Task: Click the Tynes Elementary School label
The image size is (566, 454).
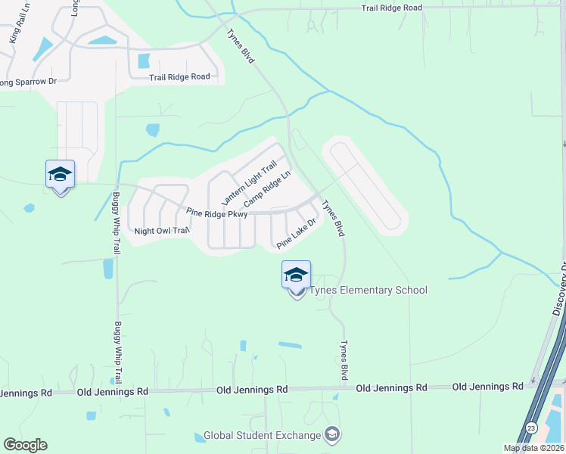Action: coord(369,291)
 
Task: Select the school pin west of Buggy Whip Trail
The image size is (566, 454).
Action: coord(60,176)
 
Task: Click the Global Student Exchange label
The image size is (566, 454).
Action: coord(262,437)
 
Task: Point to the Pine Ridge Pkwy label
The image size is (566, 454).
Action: coord(217,213)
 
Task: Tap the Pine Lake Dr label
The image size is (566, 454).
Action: coord(296,233)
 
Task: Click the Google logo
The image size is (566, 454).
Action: coord(25,445)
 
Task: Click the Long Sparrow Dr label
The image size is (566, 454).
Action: coord(29,81)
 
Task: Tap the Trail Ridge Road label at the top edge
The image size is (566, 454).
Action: coord(391,8)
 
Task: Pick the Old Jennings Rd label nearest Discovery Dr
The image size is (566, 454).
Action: coord(487,387)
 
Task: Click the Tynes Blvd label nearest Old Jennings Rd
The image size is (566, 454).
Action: coord(344,359)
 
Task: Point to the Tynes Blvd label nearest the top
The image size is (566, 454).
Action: coord(241,45)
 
